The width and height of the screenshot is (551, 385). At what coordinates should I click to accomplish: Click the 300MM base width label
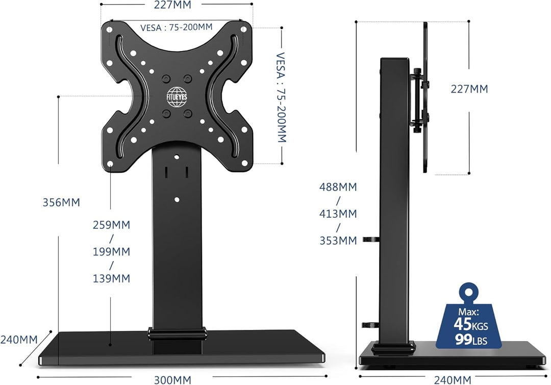[x=172, y=379]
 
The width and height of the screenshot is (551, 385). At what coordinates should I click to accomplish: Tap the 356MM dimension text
[x=61, y=202]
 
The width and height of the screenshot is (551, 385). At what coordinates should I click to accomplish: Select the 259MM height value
[x=111, y=225]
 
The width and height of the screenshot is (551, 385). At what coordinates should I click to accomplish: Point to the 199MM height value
[x=111, y=251]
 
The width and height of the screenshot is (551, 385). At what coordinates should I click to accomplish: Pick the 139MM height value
[x=111, y=278]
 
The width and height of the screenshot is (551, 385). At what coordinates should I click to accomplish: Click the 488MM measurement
[x=338, y=187]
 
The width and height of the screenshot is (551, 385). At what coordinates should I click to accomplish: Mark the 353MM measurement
[x=338, y=240]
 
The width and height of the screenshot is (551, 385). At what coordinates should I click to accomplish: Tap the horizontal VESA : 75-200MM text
[x=176, y=28]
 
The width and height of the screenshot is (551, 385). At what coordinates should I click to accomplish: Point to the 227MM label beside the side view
[x=469, y=89]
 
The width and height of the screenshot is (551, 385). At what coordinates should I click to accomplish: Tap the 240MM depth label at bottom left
[x=19, y=339]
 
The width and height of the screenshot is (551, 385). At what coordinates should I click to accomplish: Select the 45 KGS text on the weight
[x=469, y=324]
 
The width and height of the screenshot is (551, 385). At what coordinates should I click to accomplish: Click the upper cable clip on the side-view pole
[x=370, y=239]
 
